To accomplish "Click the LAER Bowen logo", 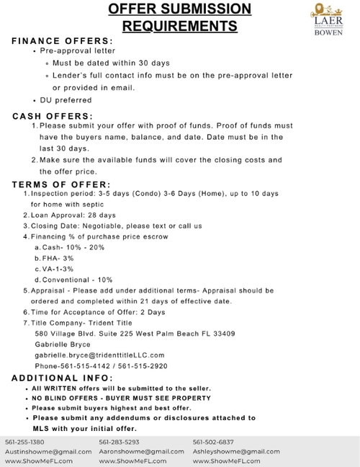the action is [328, 20].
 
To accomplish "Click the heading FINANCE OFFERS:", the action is [63, 41].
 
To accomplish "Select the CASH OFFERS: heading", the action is [53, 116].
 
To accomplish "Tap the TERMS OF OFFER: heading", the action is [61, 184].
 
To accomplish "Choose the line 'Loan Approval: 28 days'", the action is [71, 215].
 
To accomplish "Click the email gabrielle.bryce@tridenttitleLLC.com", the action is [99, 355].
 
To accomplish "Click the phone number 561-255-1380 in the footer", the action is [24, 442].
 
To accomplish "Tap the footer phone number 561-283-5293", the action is [119, 442].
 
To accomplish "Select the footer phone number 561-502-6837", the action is [213, 442].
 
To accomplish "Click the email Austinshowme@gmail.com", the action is [49, 451].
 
